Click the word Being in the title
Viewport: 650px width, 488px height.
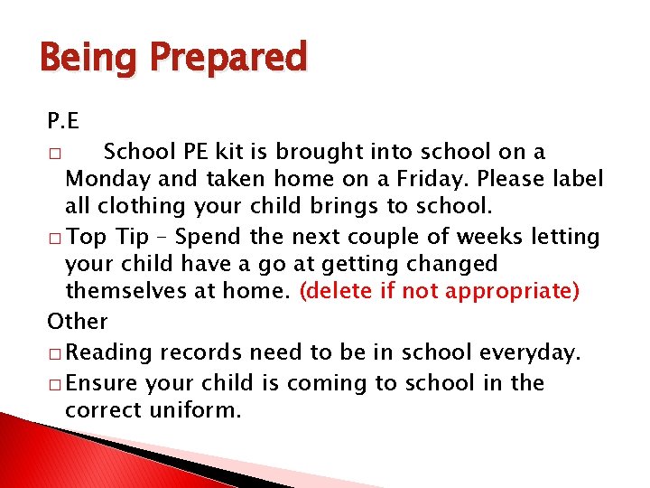point(88,58)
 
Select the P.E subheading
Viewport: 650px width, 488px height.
point(63,122)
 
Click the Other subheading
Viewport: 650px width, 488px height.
point(77,322)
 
